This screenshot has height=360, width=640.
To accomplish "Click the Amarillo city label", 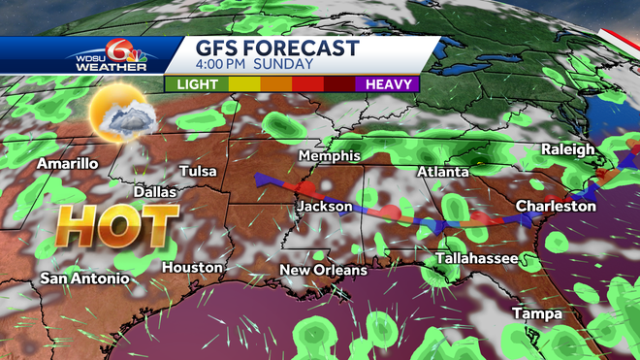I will (x=68, y=164).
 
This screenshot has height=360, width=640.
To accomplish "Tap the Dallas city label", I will (x=155, y=192).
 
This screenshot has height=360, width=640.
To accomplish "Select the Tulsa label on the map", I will (x=198, y=171).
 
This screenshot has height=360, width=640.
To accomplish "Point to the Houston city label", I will (x=192, y=267).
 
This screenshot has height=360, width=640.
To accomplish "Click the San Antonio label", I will (x=84, y=278).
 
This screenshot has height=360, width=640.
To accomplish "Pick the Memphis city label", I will (x=330, y=156).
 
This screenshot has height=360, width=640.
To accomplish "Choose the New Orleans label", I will (x=324, y=270).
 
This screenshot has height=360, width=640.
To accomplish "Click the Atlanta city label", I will (x=443, y=172).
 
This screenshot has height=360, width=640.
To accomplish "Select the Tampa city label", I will (x=536, y=312).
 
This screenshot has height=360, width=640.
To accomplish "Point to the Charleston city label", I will (x=556, y=206).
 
